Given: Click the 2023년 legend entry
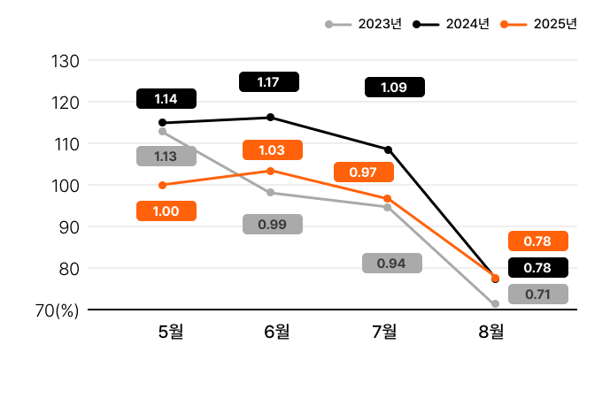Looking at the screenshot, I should coord(364,24).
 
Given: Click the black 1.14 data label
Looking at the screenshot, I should coord(166,99).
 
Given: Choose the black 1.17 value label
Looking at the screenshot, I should coord(269,82).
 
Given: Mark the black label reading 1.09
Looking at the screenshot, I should coord(395,87).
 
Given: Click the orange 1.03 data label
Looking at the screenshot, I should coord(273,150).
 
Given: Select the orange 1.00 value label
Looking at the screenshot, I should coord(166,210).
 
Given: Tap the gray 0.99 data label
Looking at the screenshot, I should coord(273,224).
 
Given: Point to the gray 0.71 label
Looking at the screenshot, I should coord(538,295).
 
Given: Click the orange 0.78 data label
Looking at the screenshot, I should coord(538,241).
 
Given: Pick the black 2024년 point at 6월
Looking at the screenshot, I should coord(270,117).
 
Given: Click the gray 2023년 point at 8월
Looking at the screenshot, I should coord(495,303).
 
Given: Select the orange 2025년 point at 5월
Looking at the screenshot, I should coord(162,185).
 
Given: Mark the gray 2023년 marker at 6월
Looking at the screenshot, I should coord(270,192).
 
